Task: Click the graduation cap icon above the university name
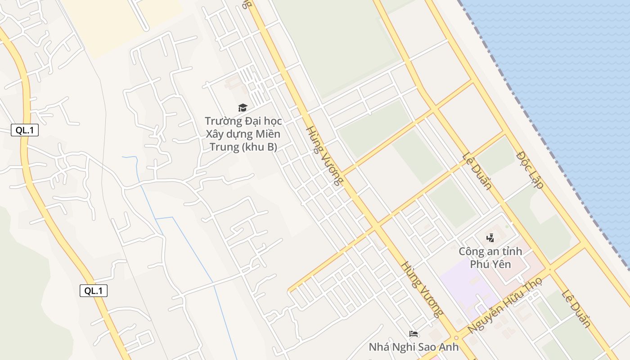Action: click(243, 108)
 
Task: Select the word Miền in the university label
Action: click(268, 134)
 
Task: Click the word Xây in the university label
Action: click(215, 134)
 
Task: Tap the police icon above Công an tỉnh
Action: click(490, 238)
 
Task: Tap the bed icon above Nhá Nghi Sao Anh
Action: click(414, 334)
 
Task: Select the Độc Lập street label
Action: click(530, 170)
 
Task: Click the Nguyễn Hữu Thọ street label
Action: click(504, 306)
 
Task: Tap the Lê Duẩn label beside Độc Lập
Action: click(477, 171)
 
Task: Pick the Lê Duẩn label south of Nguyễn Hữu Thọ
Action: click(576, 308)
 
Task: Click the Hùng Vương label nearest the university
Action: click(324, 156)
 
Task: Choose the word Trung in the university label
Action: click(224, 147)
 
